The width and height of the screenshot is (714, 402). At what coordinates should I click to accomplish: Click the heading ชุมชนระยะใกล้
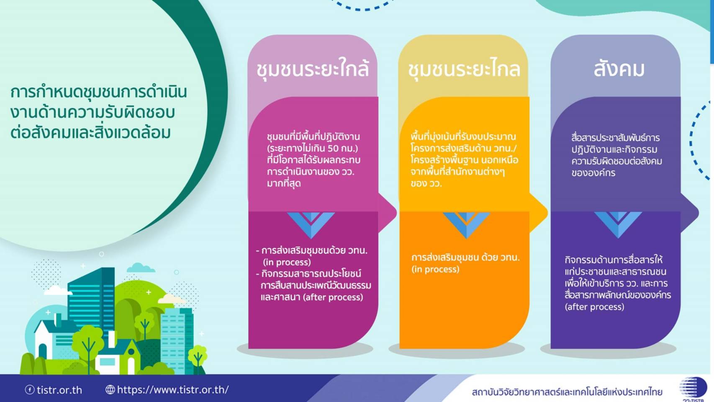(313, 69)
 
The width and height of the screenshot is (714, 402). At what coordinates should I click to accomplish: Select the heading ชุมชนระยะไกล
(464, 69)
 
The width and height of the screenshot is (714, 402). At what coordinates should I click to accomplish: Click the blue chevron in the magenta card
(311, 225)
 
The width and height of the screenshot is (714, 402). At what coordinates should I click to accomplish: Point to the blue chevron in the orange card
(466, 225)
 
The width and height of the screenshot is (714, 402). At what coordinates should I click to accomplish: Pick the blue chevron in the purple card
(618, 225)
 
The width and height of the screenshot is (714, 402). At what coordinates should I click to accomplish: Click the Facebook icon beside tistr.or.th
(30, 389)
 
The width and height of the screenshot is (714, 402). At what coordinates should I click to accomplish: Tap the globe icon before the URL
(110, 389)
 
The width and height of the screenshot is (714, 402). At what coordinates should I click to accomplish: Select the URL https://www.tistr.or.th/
(173, 389)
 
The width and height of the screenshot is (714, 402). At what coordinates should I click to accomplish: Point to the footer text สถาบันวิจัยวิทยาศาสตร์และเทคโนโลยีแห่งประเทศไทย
(567, 392)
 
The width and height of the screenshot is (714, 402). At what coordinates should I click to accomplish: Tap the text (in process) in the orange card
(435, 269)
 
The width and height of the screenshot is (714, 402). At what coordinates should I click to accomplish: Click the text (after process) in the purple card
(594, 307)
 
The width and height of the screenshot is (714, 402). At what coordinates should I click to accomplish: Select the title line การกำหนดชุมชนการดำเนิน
(98, 93)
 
